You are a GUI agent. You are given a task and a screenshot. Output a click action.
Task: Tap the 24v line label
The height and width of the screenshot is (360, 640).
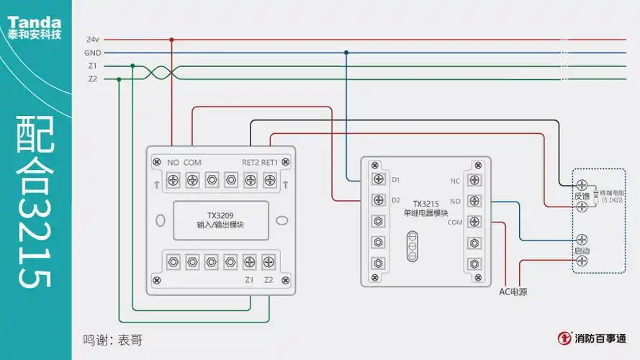pos(92,39)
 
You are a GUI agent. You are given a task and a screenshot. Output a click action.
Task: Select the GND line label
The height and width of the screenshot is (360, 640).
pos(92,53)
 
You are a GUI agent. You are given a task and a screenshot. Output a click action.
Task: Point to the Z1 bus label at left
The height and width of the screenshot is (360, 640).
pos(92,66)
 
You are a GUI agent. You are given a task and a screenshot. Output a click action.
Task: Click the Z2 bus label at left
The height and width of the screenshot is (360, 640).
pos(92,78)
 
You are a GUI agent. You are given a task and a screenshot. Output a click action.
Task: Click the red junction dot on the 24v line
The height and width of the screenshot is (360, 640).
pos(171,39)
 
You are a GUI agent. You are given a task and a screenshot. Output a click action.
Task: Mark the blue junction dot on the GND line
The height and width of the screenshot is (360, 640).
pos(346,53)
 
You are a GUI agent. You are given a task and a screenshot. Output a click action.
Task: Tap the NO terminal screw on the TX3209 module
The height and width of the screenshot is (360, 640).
pos(173,179)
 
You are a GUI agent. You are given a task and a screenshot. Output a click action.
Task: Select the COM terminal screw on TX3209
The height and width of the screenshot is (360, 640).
pos(192,179)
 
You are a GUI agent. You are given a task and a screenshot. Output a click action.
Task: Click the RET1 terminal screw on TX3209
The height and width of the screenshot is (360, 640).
pos(269,179)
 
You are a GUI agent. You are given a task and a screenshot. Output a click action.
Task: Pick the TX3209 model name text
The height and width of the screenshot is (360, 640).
pos(220,215)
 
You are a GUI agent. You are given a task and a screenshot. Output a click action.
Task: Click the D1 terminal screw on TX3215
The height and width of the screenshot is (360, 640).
pos(377,178)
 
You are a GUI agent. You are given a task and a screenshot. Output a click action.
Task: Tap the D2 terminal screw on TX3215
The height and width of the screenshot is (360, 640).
pos(377,199)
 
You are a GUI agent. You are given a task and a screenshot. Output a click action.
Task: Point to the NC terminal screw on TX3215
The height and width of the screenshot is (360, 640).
pos(474,180)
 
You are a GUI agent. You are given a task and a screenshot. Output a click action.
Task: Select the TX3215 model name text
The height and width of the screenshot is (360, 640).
pos(426,204)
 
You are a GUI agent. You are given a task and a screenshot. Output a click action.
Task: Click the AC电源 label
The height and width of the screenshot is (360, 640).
pos(513,292)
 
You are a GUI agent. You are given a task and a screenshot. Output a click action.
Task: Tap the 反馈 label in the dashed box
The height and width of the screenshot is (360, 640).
pos(581,196)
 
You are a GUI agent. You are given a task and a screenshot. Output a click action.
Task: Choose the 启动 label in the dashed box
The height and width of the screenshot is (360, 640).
pos(581,250)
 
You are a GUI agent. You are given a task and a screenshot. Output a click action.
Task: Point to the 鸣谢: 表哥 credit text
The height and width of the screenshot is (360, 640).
pos(112,339)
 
